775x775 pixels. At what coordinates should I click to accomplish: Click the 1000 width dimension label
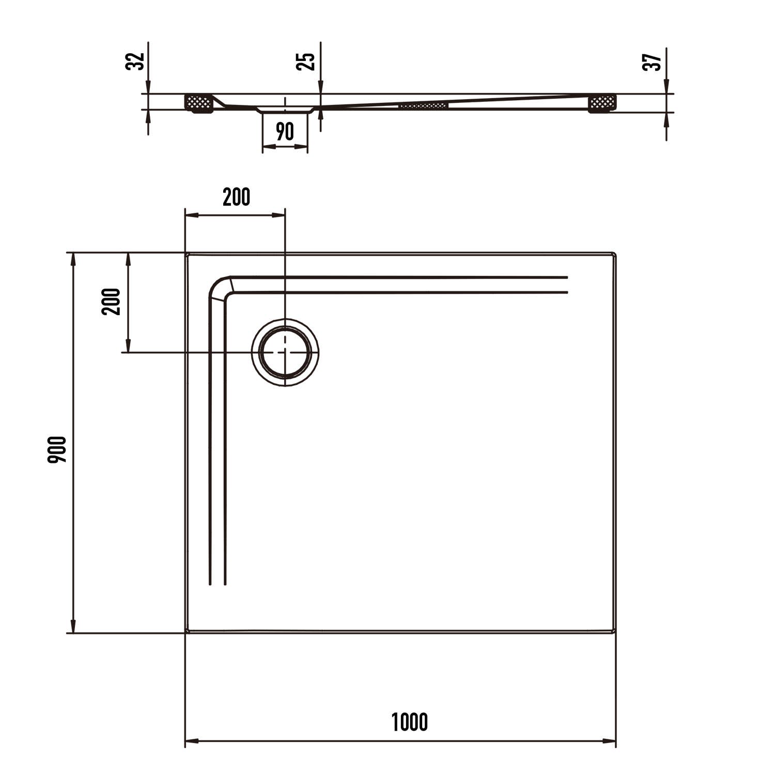point(409,722)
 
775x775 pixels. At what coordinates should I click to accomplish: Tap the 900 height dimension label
point(57,450)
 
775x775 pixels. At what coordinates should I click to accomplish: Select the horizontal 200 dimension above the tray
point(237,197)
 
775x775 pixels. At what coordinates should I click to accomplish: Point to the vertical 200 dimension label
point(111,301)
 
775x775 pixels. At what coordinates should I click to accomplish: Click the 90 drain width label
point(285,132)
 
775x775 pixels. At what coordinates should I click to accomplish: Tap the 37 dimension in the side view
point(654,62)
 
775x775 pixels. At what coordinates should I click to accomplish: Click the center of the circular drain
point(285,352)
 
